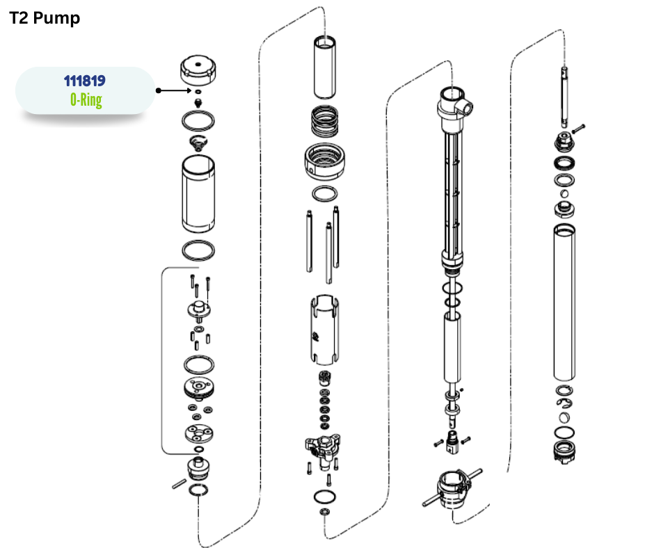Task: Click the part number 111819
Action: [85, 81]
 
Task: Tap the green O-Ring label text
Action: [86, 100]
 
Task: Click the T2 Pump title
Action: [45, 18]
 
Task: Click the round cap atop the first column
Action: [198, 70]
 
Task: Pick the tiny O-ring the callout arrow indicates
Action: [198, 91]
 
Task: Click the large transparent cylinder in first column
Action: [198, 194]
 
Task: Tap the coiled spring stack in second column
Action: [324, 121]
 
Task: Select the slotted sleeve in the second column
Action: [324, 330]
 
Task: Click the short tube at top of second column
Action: [324, 67]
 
